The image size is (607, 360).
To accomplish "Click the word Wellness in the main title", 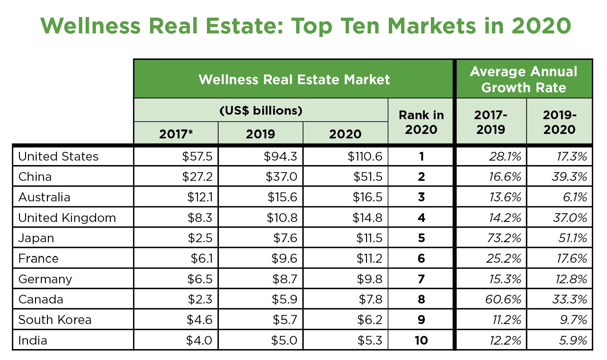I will pyautogui.click(x=90, y=26).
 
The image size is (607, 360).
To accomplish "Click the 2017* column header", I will pyautogui.click(x=176, y=134).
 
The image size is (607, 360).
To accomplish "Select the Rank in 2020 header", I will pyautogui.click(x=421, y=122).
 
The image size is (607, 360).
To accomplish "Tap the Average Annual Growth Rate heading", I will pyautogui.click(x=523, y=79).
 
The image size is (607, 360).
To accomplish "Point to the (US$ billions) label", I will pyautogui.click(x=261, y=110).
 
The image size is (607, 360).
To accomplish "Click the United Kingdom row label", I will pyautogui.click(x=67, y=218).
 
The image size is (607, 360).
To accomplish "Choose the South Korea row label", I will pyautogui.click(x=55, y=320).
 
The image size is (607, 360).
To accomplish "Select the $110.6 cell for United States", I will pyautogui.click(x=365, y=156).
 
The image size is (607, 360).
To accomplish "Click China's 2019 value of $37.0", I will pyautogui.click(x=281, y=177).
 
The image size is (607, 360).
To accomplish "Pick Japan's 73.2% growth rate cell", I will pyautogui.click(x=504, y=238).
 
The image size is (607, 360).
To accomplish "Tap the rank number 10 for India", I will pyautogui.click(x=421, y=340).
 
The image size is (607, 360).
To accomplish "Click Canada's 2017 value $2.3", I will pyautogui.click(x=200, y=299).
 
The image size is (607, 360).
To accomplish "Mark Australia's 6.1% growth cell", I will pyautogui.click(x=575, y=197).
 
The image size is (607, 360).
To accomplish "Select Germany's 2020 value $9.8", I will pyautogui.click(x=370, y=279).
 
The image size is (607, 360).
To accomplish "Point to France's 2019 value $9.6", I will pyautogui.click(x=284, y=259).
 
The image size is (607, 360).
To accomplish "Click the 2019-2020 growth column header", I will pyautogui.click(x=559, y=122).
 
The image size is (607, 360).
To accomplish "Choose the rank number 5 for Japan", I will pyautogui.click(x=421, y=238).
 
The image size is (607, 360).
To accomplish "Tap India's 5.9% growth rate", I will pyautogui.click(x=573, y=340).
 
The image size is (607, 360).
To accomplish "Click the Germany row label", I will pyautogui.click(x=45, y=279).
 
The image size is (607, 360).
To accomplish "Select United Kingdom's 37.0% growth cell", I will pyautogui.click(x=570, y=218).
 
